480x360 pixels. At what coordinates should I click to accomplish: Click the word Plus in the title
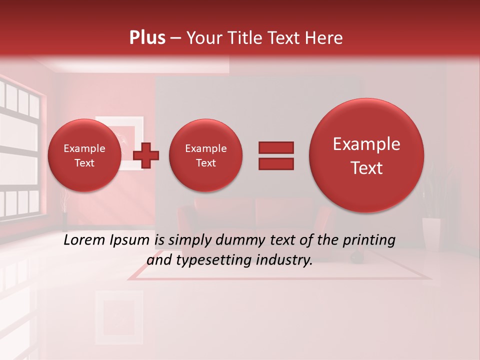(147, 38)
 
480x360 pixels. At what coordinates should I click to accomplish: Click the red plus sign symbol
(146, 155)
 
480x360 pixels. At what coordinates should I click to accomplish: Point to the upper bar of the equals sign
(275, 147)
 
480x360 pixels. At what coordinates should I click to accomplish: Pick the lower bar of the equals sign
(275, 164)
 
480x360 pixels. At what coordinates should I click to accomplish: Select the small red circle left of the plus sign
(84, 155)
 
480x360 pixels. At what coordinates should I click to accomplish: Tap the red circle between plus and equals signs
(205, 155)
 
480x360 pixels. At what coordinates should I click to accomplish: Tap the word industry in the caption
(285, 260)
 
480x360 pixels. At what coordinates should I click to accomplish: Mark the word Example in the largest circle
(366, 144)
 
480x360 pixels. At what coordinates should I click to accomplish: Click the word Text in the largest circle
(366, 168)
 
